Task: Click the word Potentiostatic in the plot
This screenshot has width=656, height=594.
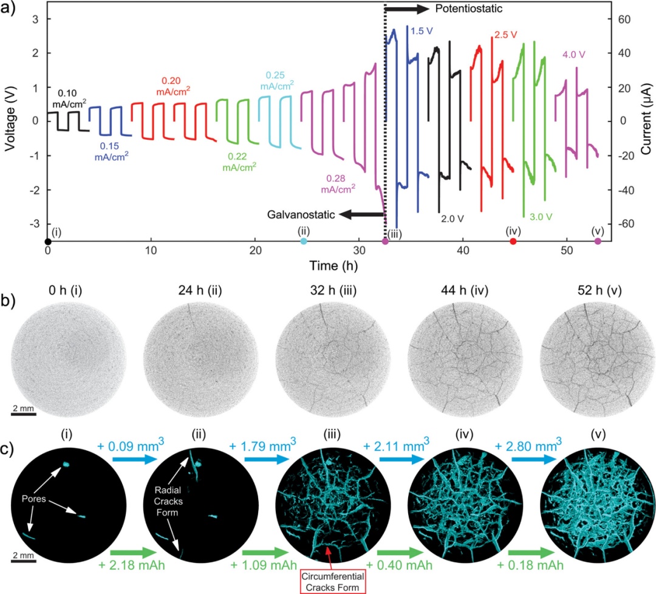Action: pos(464,9)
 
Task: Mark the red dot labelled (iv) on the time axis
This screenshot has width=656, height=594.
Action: pos(513,242)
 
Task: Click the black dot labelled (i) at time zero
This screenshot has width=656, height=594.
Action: pos(47,242)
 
